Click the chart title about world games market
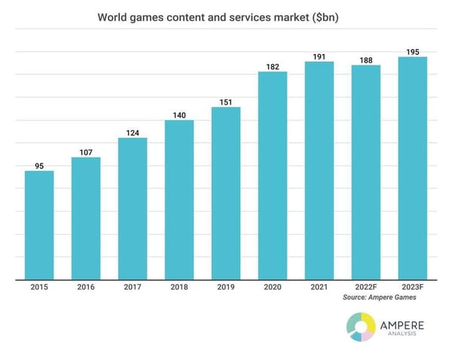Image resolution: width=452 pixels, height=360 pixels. point(226,17)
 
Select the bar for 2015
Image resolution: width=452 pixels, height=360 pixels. point(39,225)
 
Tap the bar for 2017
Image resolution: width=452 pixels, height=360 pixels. point(133,209)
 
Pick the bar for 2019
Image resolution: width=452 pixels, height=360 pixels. point(226,194)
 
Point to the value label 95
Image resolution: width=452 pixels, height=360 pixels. point(39,165)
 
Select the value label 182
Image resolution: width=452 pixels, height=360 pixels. point(273,66)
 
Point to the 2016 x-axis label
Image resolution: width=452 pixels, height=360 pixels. point(86,288)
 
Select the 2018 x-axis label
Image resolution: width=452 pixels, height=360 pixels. point(179,288)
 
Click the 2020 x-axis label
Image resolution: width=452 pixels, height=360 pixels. point(273,288)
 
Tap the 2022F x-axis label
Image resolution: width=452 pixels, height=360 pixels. point(366,288)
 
